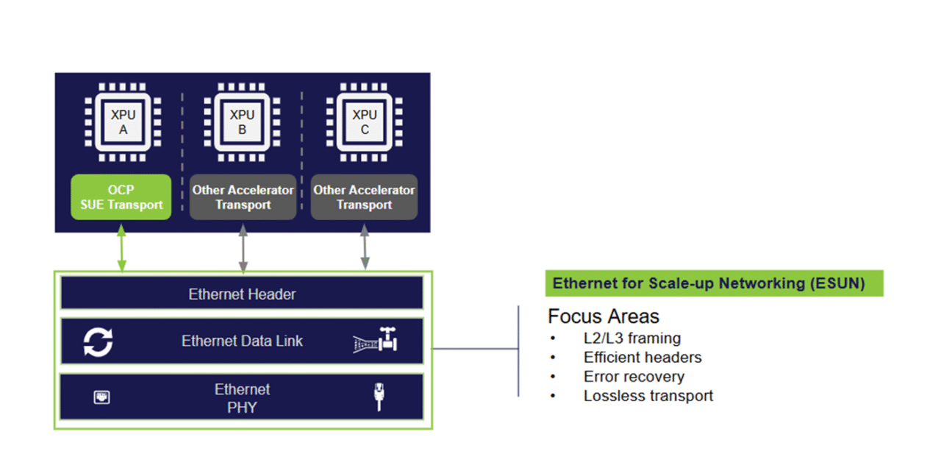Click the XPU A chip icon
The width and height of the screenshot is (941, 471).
pyautogui.click(x=123, y=122)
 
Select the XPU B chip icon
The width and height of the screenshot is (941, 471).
pyautogui.click(x=242, y=122)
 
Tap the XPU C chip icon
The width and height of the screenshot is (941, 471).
pyautogui.click(x=365, y=122)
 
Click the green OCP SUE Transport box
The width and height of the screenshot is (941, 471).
pyautogui.click(x=121, y=197)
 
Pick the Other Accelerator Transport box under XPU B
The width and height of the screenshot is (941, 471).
pyautogui.click(x=243, y=197)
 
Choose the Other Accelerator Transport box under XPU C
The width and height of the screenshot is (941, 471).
pyautogui.click(x=364, y=197)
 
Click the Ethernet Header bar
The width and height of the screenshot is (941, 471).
pyautogui.click(x=242, y=294)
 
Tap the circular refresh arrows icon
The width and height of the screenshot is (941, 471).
pyautogui.click(x=99, y=342)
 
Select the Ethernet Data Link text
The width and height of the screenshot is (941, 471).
pyautogui.click(x=242, y=341)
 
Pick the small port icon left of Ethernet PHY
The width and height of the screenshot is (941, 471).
pyautogui.click(x=101, y=398)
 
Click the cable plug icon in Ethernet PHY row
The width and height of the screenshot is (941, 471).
pyautogui.click(x=379, y=397)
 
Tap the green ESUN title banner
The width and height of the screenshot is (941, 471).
pyautogui.click(x=714, y=283)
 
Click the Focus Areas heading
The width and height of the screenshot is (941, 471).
pyautogui.click(x=603, y=316)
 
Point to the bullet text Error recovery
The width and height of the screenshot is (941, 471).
pyautogui.click(x=634, y=377)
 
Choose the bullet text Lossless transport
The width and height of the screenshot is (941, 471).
pyautogui.click(x=648, y=396)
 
